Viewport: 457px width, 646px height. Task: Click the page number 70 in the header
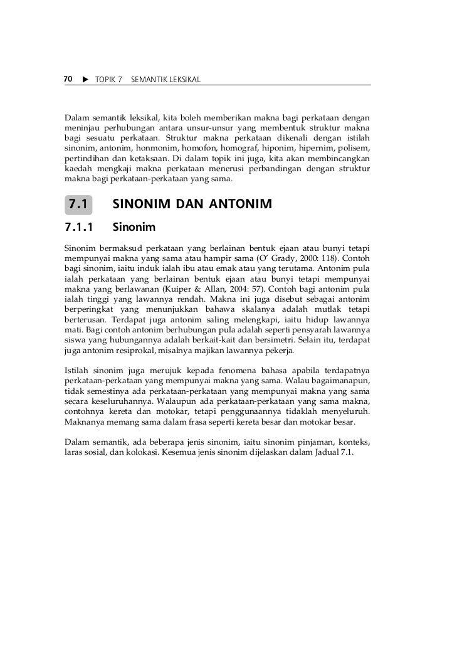[68, 80]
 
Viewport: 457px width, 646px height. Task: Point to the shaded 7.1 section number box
[78, 204]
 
